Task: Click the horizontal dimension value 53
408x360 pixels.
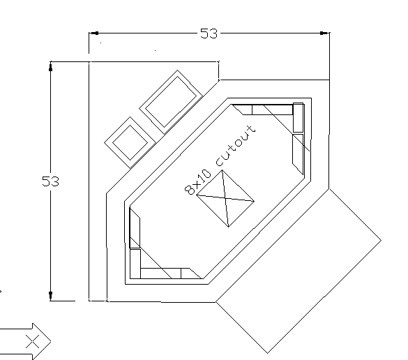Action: pos(209,33)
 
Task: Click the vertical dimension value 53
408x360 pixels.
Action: pos(50,181)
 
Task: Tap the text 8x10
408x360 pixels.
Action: pos(197,182)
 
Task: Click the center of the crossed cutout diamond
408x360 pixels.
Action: pos(225,198)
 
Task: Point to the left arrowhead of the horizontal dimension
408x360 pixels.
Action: pos(94,33)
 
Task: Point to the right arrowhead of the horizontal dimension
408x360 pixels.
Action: pos(324,33)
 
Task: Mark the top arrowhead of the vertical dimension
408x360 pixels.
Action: pos(50,66)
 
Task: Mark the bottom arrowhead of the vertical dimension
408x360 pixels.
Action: pos(50,296)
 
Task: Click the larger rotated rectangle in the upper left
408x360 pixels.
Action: pos(171,102)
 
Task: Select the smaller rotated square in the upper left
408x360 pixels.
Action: pos(130,142)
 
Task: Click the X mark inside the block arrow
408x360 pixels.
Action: pos(33,341)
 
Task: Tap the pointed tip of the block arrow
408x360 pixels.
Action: pos(51,341)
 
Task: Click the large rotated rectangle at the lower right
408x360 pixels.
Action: pos(299,271)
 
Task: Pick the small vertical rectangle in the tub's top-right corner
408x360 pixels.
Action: pos(299,118)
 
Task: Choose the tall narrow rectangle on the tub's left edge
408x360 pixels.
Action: pos(135,227)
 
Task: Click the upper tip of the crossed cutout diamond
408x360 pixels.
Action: pos(222,170)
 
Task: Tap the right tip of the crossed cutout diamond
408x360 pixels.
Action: pos(255,201)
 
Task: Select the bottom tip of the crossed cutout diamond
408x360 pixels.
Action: pos(229,227)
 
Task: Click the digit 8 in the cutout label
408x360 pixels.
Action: pos(190,190)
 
